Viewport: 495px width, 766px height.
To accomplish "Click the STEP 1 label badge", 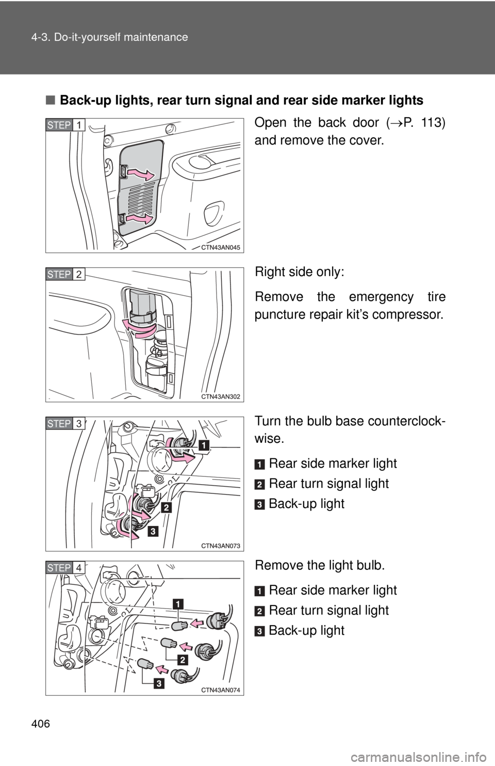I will click(65, 125).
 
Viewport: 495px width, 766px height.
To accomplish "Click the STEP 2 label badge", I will click(65, 274).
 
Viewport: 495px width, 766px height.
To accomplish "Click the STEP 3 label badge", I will click(65, 423).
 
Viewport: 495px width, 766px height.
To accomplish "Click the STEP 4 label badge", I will click(65, 567).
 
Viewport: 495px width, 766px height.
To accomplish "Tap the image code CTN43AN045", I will click(220, 247).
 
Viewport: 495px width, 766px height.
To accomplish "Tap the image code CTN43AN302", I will click(220, 396).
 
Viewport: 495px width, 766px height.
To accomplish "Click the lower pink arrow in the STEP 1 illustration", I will click(140, 219).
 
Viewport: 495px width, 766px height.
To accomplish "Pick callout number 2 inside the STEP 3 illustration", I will click(166, 507).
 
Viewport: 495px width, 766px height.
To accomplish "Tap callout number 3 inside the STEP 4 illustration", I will click(158, 684).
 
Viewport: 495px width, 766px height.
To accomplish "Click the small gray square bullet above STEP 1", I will click(49, 100).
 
